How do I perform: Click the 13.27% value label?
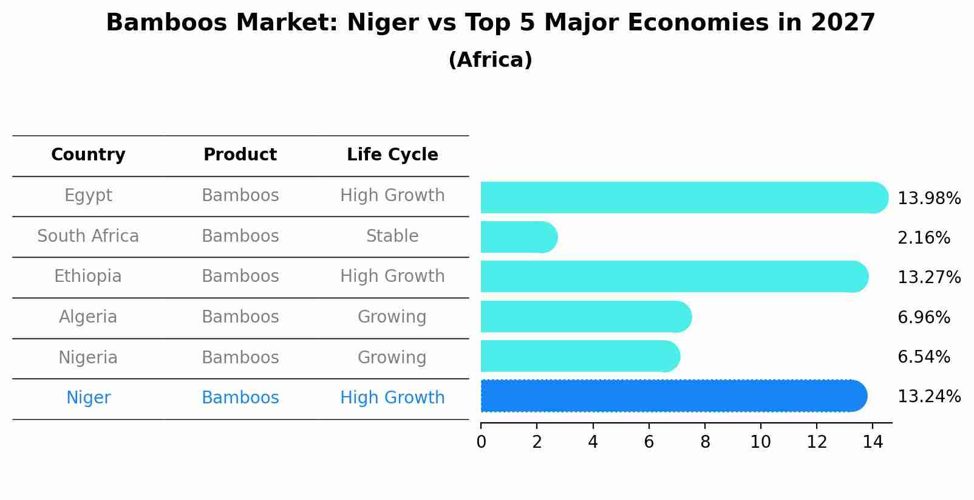[x=928, y=278]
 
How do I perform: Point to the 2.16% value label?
[x=923, y=238]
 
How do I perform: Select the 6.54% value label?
[x=923, y=357]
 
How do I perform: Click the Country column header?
[x=88, y=155]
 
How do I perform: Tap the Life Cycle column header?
[x=392, y=155]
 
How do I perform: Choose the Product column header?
[x=240, y=155]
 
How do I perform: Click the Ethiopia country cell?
[x=88, y=276]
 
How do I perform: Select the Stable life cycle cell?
[x=392, y=236]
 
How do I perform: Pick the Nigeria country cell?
[x=88, y=358]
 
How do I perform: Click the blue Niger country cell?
[x=88, y=398]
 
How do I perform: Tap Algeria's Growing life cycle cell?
[x=392, y=317]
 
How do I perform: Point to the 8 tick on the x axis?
[x=704, y=442]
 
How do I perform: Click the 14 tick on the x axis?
[x=873, y=442]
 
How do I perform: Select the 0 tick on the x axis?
[x=481, y=442]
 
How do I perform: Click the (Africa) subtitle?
[x=490, y=60]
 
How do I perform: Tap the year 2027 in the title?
[x=842, y=23]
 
